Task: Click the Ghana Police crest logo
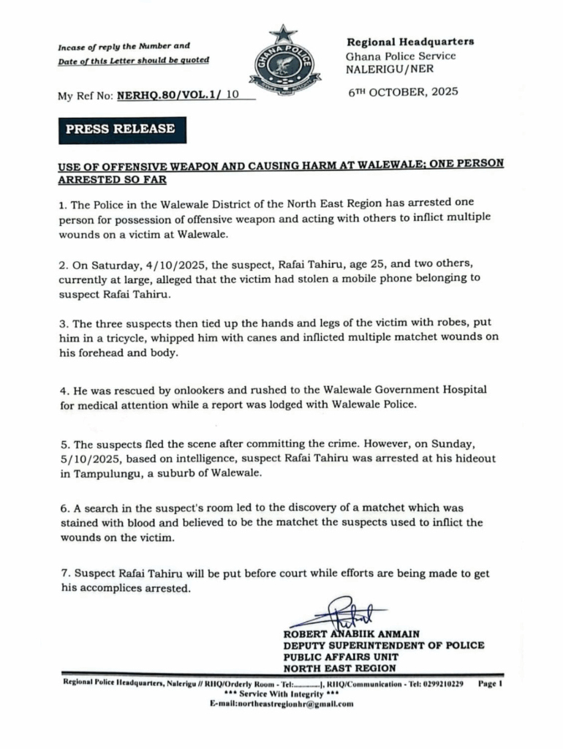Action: [x=284, y=63]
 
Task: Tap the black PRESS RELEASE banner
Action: [x=121, y=129]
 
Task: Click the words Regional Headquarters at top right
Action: [x=410, y=42]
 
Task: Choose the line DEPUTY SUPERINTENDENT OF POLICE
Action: [x=384, y=645]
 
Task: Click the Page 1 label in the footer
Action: [x=491, y=682]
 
